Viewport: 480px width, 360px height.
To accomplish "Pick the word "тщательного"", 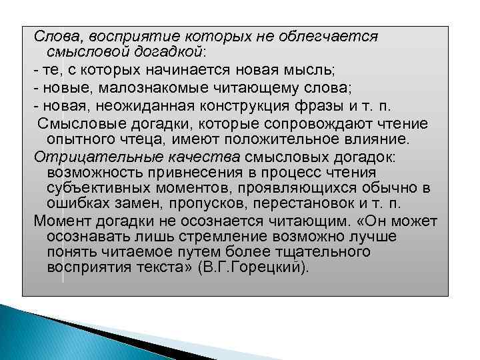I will tap(318, 251).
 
